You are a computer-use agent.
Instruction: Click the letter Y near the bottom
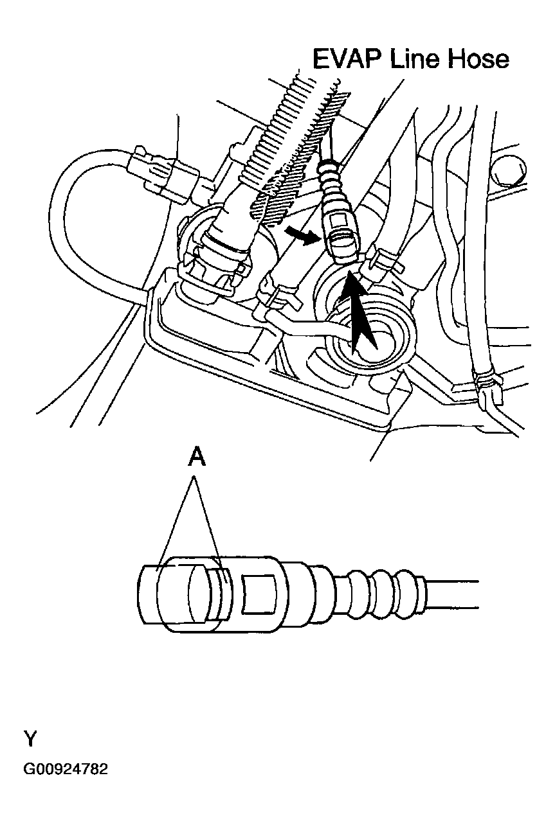30,738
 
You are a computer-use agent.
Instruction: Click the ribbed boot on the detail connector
373,590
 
